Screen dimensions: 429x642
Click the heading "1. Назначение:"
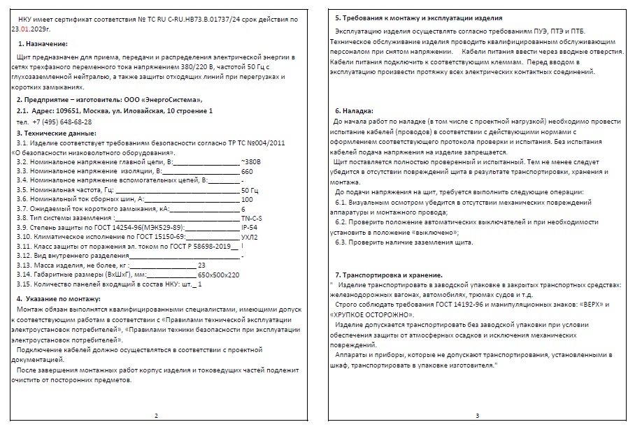click(45, 43)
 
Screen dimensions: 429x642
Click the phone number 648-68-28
click(71, 122)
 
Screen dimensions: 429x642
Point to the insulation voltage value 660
click(247, 171)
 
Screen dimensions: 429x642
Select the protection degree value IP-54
click(249, 228)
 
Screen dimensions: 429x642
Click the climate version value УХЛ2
click(249, 238)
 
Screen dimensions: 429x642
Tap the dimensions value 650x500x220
click(219, 275)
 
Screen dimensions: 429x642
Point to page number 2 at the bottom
click(156, 416)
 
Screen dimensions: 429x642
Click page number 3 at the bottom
click(477, 416)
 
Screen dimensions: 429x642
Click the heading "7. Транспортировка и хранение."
click(388, 274)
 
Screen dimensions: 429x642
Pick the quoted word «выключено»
click(436, 232)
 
